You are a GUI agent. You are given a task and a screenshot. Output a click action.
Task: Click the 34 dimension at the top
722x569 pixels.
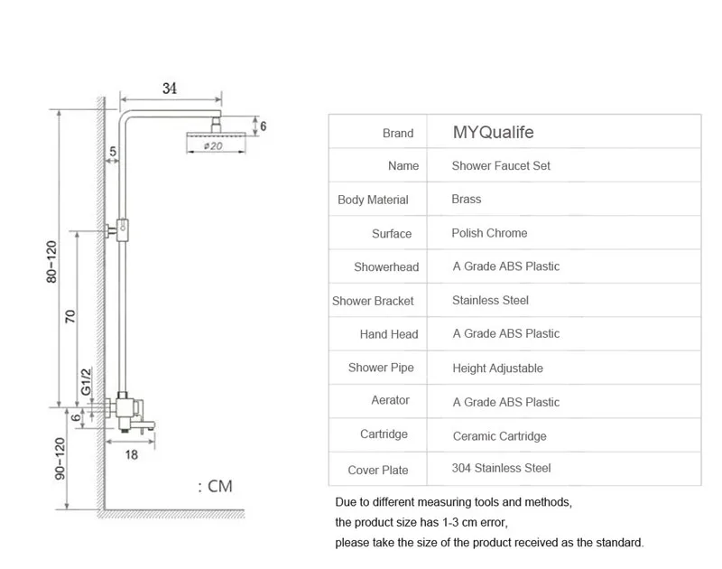click(x=170, y=88)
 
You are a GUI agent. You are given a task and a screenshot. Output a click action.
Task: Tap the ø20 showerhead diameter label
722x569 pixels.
click(x=213, y=146)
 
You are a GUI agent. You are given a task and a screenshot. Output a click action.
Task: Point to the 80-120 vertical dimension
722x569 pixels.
click(x=51, y=262)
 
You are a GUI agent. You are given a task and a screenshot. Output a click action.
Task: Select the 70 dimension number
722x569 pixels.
click(x=69, y=316)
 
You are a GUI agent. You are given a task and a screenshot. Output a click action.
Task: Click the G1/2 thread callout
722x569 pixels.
click(x=86, y=381)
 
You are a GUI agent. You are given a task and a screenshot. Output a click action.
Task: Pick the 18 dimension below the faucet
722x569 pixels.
click(x=131, y=454)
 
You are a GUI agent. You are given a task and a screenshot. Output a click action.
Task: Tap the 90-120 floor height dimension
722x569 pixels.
click(x=60, y=459)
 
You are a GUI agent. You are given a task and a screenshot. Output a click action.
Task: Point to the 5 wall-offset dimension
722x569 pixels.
click(x=113, y=151)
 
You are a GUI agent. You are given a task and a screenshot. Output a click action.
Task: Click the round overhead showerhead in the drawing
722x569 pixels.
click(x=216, y=134)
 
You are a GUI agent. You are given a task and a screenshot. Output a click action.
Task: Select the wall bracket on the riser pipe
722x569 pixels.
click(x=117, y=230)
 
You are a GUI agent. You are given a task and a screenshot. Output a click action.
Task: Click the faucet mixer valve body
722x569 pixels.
click(x=125, y=408)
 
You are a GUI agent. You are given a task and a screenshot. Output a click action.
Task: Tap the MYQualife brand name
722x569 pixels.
click(x=493, y=132)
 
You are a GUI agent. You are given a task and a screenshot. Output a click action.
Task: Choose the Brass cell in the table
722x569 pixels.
click(x=467, y=199)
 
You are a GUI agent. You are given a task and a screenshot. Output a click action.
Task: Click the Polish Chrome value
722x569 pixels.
click(x=489, y=233)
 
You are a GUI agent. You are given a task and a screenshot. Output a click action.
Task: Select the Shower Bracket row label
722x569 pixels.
click(x=373, y=301)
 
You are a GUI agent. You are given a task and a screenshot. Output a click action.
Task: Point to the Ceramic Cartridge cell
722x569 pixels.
click(x=500, y=436)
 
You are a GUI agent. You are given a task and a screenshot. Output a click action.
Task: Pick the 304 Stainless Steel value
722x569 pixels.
click(x=501, y=468)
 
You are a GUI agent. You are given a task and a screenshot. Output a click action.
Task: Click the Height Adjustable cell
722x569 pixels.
click(x=498, y=368)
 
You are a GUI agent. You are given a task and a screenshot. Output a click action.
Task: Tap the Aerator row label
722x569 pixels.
click(x=391, y=400)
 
